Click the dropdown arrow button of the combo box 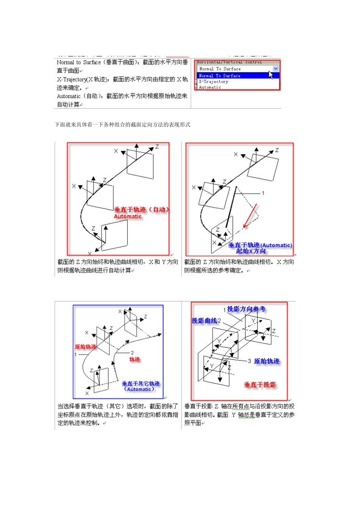pos(275,69)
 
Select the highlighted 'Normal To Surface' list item pos(220,76)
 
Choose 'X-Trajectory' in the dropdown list pos(214,81)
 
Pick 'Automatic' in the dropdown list pos(210,87)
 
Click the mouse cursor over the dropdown pos(271,74)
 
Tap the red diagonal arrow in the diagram pos(250,216)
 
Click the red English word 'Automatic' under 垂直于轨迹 pos(128,216)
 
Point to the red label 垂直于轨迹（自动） pos(141,209)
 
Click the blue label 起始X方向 pos(251,251)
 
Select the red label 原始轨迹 pos(85,347)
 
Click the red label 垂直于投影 pos(260,385)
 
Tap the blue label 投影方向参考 pos(246,309)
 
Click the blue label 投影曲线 pos(204,321)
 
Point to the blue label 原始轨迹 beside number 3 pos(267,361)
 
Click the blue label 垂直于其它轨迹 pos(141,384)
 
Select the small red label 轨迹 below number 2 pos(135,359)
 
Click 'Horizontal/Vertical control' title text pos(229,62)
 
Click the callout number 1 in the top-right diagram pos(263,193)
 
